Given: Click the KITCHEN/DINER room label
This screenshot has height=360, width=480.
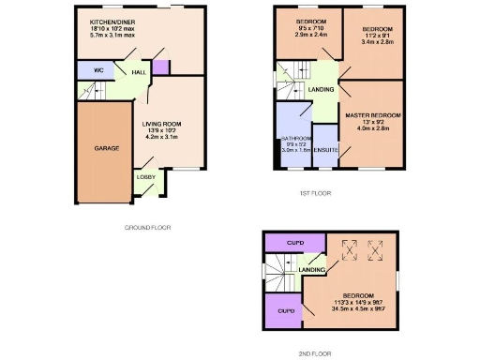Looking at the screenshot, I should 112,21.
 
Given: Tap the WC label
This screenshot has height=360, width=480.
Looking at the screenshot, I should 97,71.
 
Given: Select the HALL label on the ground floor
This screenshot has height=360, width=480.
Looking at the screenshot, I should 138,72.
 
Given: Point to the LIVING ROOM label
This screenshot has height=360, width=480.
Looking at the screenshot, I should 161,124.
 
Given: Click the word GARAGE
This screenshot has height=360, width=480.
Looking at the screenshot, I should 106,148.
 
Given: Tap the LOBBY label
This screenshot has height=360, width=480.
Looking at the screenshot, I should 145,176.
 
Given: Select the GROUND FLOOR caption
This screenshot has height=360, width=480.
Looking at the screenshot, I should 148,227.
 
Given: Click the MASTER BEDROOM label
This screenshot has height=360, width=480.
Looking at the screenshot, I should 373,116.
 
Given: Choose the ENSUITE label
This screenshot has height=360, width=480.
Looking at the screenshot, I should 325,149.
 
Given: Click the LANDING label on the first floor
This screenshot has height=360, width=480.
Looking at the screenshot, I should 321,90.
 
